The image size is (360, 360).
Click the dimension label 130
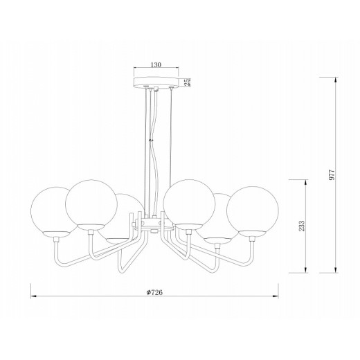click(156, 65)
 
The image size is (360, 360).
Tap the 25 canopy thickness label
click(188, 82)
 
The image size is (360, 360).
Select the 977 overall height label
click(332, 174)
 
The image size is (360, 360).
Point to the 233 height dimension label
click(302, 226)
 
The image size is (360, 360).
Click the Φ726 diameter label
click(154, 292)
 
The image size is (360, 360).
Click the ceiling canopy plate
click(156, 82)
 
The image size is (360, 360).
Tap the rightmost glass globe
click(253, 211)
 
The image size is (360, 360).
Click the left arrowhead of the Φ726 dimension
click(34, 296)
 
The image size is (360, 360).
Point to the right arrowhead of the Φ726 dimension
click(276, 296)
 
